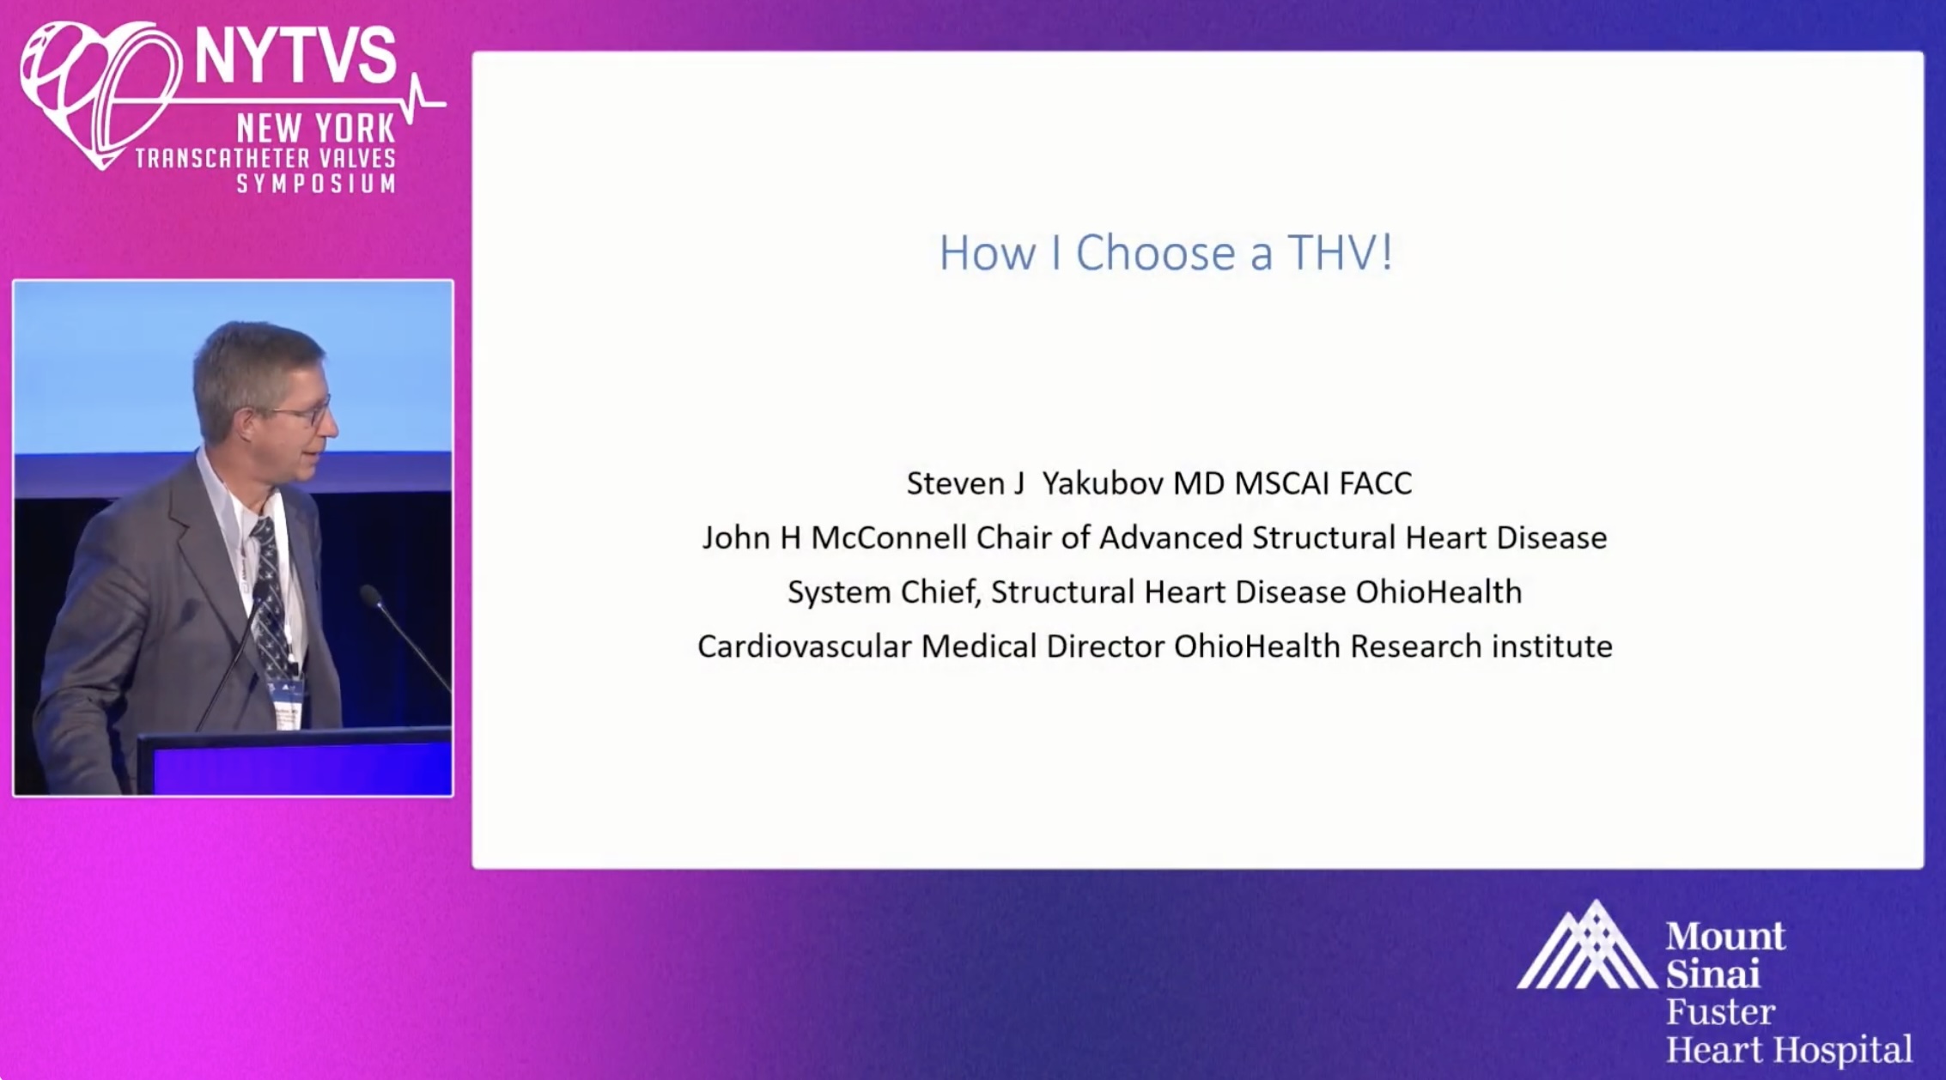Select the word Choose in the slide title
pyautogui.click(x=1156, y=252)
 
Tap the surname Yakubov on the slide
pyautogui.click(x=1103, y=483)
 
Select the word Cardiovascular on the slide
pyautogui.click(x=804, y=646)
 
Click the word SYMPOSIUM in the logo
pyautogui.click(x=316, y=183)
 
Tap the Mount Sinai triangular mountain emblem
pyautogui.click(x=1587, y=945)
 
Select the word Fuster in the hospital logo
pyautogui.click(x=1720, y=1012)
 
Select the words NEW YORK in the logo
pyautogui.click(x=316, y=129)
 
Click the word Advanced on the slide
pyautogui.click(x=1171, y=537)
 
